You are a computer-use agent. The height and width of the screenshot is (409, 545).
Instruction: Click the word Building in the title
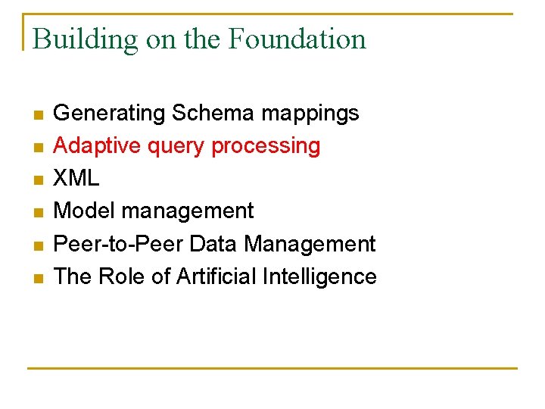point(85,39)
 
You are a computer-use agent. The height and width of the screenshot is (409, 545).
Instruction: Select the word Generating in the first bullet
point(110,114)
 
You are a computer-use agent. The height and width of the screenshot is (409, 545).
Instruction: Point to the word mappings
point(310,114)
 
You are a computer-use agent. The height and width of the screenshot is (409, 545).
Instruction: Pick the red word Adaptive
point(89,146)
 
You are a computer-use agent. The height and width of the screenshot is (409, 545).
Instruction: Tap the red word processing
point(266,146)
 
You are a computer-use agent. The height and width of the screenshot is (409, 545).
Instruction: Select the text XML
point(77,178)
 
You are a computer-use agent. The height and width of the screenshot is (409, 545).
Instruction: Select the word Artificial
point(216,276)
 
